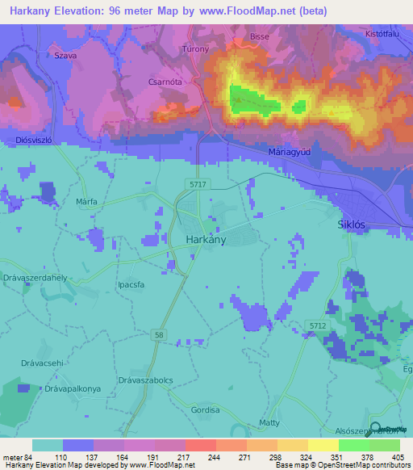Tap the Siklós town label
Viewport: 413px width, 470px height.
coord(353,227)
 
